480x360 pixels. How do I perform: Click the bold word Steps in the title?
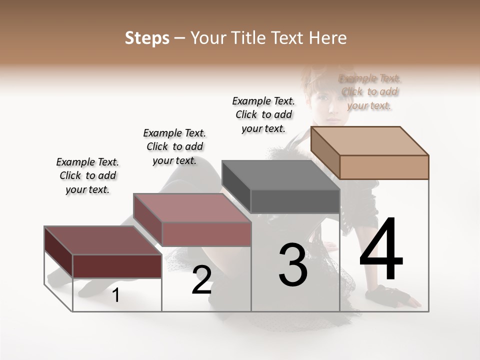point(147,38)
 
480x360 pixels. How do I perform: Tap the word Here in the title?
point(328,38)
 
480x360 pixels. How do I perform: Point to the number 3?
point(292,265)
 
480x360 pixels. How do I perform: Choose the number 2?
point(201,280)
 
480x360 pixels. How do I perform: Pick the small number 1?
point(116,295)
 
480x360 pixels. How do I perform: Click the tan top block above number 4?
point(370,152)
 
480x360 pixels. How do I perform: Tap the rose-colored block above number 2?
point(192,220)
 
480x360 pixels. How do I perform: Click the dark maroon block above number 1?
point(103,252)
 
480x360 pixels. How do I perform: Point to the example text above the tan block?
point(369,92)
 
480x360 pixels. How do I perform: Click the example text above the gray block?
point(263,114)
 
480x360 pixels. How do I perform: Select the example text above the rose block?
point(174,146)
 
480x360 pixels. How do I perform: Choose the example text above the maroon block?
point(87,175)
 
